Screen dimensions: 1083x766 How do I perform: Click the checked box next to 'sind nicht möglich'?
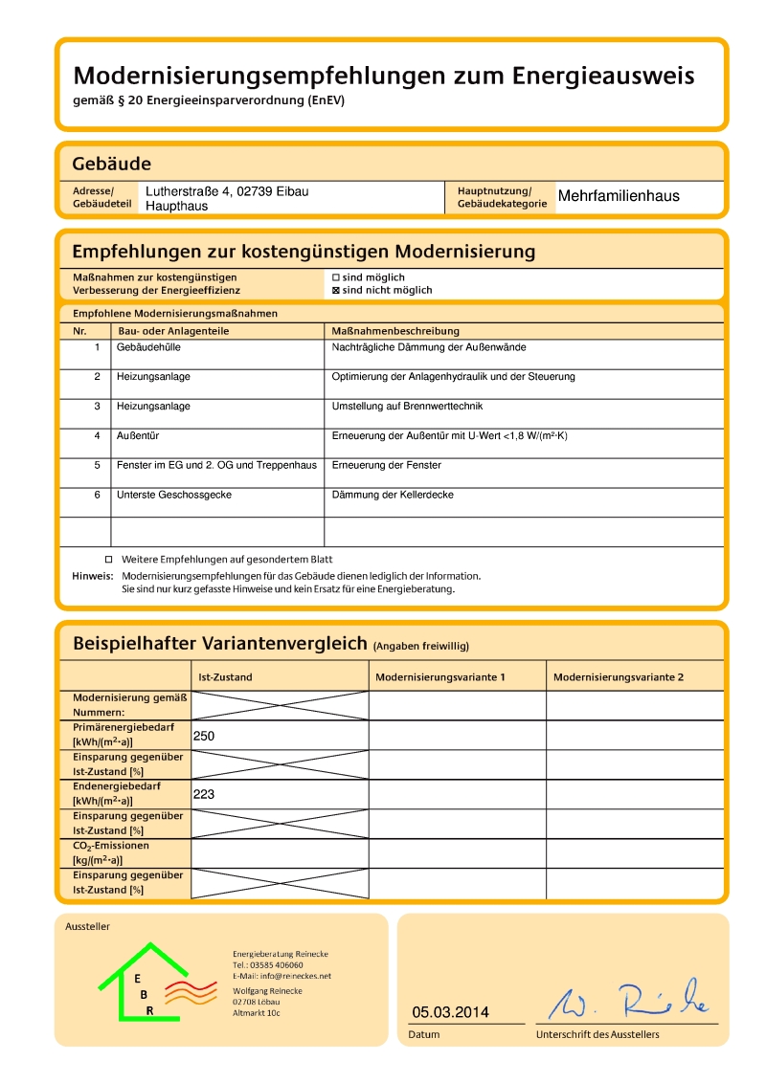coord(336,290)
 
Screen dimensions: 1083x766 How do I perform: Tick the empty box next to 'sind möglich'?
coord(336,277)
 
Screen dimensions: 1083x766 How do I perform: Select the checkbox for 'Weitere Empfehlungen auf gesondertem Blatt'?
coord(108,559)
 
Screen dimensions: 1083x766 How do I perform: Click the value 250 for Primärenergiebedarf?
coord(203,736)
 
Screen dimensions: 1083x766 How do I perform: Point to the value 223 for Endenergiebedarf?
coord(203,794)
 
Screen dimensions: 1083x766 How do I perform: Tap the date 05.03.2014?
coord(450,1012)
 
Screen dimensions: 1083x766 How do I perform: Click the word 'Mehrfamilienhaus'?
coord(619,196)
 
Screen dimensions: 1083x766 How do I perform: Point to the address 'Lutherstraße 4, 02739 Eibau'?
coord(227,191)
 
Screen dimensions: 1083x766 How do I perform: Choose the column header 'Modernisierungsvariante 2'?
coord(619,677)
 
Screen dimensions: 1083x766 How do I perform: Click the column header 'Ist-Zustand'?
coord(225,677)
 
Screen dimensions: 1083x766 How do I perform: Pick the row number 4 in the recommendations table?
coord(97,436)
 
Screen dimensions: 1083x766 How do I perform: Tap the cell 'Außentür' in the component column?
coord(138,436)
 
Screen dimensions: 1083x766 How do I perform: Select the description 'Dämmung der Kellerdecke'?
coord(393,495)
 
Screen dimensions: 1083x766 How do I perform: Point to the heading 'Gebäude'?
coord(111,164)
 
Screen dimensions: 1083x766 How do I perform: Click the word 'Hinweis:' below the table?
coord(93,576)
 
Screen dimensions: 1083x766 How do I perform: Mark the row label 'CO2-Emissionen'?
coord(111,846)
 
